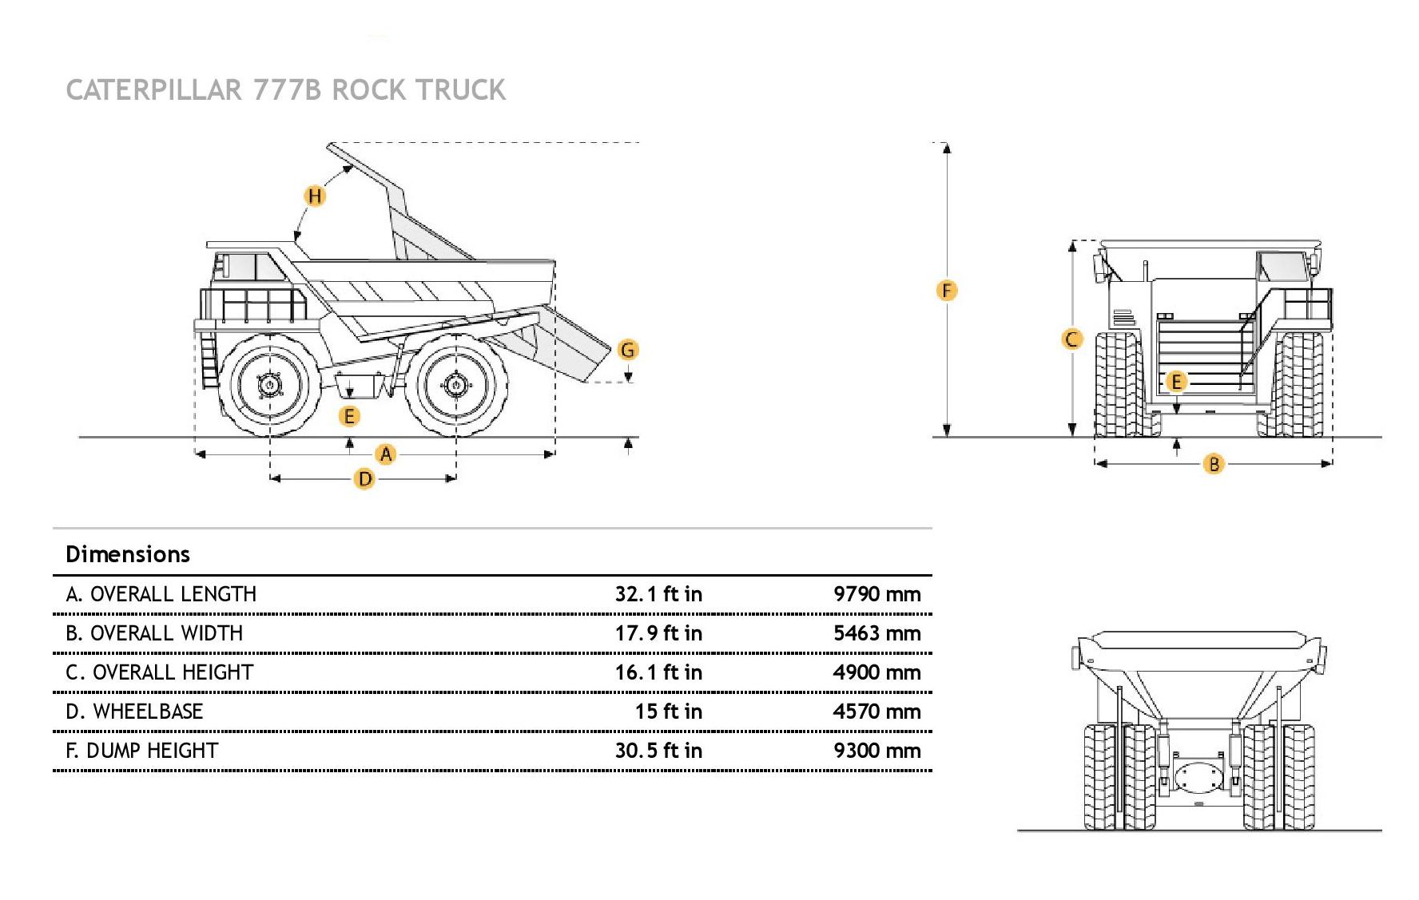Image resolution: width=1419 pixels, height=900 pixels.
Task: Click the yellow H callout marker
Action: (x=316, y=196)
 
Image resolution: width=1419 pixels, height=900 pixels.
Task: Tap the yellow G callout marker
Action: (x=628, y=350)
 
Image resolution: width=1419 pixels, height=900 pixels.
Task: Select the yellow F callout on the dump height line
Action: (x=947, y=291)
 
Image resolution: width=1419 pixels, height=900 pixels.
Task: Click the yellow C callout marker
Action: (x=1072, y=339)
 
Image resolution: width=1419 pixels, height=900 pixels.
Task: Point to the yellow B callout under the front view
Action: (x=1213, y=464)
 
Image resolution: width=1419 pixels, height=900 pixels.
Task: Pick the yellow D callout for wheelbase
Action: (x=364, y=479)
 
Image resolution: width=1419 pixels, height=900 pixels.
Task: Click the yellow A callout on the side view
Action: (x=386, y=454)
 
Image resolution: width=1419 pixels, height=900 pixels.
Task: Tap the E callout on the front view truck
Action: (x=1176, y=382)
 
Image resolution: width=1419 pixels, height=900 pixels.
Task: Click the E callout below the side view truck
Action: (x=349, y=416)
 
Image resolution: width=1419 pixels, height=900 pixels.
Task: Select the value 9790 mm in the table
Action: (x=876, y=594)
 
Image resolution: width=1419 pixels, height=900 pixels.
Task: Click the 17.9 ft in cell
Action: (x=658, y=633)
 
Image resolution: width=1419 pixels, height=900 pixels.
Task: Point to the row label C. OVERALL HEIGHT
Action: (x=160, y=672)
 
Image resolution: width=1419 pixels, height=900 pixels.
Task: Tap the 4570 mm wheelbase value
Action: (x=876, y=712)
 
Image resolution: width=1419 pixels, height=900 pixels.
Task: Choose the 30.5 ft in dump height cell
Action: (x=658, y=751)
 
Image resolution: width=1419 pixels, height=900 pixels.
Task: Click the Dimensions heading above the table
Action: (x=128, y=554)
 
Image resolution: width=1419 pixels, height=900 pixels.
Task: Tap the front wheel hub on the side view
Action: (x=270, y=385)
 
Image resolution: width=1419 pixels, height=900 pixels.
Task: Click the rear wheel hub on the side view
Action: (x=455, y=385)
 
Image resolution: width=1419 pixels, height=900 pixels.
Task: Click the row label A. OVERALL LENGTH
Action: (x=161, y=594)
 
